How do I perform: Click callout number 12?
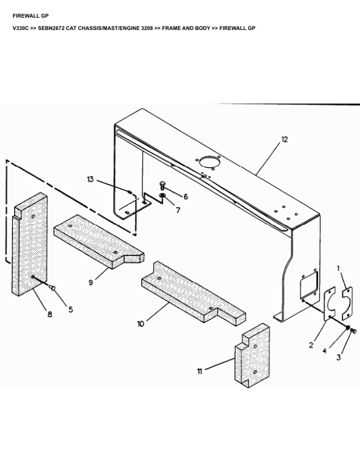pos(284,139)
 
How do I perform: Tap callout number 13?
pos(91,179)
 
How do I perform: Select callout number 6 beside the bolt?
pos(186,197)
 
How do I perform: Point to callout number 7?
pos(178,210)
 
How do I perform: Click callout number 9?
pos(91,282)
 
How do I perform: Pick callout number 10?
pos(141,324)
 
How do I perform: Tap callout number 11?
pos(199,371)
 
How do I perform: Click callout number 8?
pos(49,314)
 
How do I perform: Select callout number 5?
pos(71,309)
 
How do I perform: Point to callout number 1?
pos(338,268)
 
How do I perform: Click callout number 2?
pos(311,345)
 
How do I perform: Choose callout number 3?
pos(339,358)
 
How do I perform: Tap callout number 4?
pos(324,351)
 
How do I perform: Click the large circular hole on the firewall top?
pos(209,162)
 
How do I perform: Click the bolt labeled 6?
pos(162,185)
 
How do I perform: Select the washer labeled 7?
pos(162,195)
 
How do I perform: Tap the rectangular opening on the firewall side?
pos(309,285)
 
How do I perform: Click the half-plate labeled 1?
pos(348,302)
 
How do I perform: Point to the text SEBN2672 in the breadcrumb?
pos(51,28)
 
